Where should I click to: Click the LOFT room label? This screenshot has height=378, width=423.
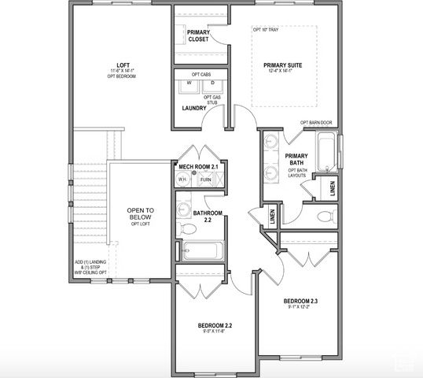pos(123,65)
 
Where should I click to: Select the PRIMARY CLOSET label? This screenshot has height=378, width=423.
pos(197,35)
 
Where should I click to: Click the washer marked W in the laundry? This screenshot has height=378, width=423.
pos(189,84)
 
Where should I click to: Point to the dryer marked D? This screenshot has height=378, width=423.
pos(212,84)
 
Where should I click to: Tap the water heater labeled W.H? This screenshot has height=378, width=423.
pos(182,180)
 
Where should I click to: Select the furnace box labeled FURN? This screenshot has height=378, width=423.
pos(205,180)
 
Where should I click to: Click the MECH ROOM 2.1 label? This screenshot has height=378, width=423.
pos(199,166)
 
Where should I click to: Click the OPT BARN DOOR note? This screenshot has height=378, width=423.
pos(317,123)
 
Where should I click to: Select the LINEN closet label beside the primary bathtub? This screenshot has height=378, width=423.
pos(333,187)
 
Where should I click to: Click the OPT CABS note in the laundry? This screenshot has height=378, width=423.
pos(201,73)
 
